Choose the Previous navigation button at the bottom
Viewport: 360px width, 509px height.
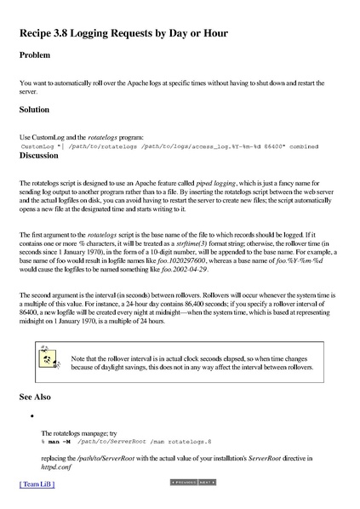(x=184, y=482)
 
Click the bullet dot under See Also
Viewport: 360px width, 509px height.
(x=31, y=416)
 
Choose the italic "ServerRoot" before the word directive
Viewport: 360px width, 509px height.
(x=254, y=458)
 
